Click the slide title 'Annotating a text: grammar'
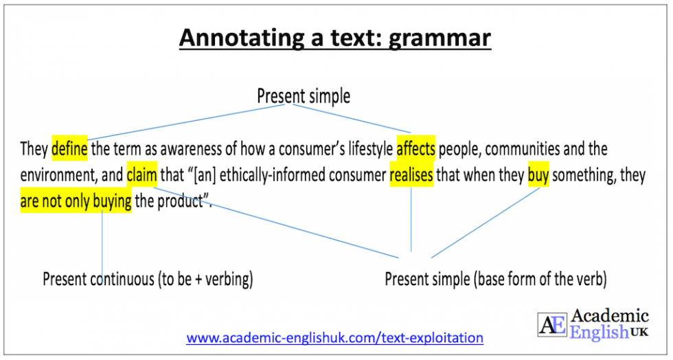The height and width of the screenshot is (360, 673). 335,38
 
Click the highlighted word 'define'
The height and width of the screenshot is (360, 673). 69,148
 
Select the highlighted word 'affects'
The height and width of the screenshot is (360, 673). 415,148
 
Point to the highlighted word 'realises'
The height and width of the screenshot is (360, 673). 411,175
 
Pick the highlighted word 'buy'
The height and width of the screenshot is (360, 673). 538,175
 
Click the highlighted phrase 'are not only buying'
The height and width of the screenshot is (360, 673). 76,203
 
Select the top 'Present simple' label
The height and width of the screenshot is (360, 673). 304,96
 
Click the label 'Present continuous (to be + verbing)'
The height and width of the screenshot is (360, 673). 148,280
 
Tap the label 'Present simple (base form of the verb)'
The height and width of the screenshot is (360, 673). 495,280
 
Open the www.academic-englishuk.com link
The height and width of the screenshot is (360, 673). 334,338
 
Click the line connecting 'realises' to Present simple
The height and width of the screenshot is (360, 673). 411,220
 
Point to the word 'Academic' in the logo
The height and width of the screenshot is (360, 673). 609,317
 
